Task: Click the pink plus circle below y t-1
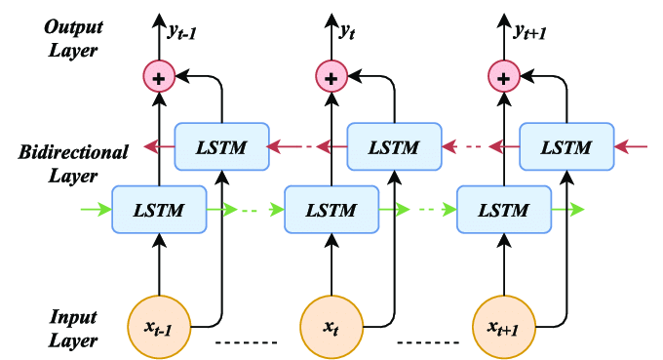coord(159,75)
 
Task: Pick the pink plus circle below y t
coord(331,75)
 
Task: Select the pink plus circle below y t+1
coord(503,75)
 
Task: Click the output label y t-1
coord(185,33)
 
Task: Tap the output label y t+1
coord(531,33)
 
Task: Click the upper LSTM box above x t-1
coord(221,147)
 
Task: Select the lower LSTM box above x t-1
coord(160,209)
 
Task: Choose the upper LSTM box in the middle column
coord(395,147)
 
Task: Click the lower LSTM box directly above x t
coord(331,209)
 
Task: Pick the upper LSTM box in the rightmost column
coord(566,147)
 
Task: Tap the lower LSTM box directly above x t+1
coord(504,209)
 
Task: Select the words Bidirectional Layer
coord(73,164)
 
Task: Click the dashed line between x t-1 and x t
coord(246,342)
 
